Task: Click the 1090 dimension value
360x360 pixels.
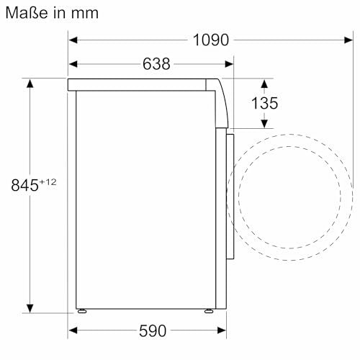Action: coord(211,40)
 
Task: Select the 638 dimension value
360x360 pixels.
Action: coord(156,64)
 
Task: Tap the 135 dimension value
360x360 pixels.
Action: coord(264,103)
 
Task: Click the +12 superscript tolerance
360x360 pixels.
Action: coord(48,181)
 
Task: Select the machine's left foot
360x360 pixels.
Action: coord(83,312)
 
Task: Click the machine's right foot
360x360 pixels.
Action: coord(208,312)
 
